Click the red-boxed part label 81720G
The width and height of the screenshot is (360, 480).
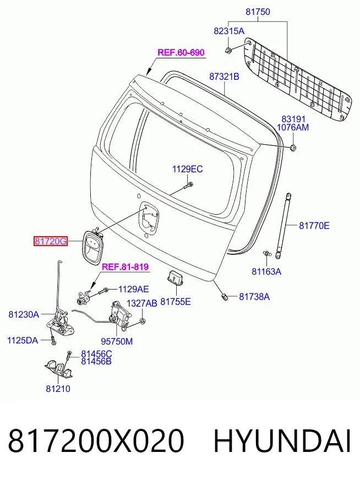pos(51,241)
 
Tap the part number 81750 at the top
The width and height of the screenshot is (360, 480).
pos(258,12)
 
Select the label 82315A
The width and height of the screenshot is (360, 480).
pos(229,31)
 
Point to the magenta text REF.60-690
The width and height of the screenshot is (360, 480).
pos(181,52)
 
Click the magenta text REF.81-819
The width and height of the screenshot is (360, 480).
pos(125,266)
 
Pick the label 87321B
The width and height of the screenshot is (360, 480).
pos(224,77)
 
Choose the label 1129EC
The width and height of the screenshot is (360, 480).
pos(187,169)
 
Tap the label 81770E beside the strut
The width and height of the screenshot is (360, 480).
pos(314,226)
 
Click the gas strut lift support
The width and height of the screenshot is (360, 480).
pos(283,226)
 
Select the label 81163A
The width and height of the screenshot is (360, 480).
pos(266,271)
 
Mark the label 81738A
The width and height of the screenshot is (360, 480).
pos(254,297)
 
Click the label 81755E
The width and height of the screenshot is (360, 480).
pos(176,302)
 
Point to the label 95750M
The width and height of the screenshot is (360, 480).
pos(117,341)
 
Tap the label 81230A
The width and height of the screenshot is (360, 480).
pos(24,314)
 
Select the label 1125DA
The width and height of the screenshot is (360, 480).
pos(23,340)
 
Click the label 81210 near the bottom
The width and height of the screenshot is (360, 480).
pos(58,389)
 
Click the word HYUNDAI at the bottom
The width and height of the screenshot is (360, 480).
pos(282,441)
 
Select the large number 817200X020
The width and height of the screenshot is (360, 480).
pos(96,441)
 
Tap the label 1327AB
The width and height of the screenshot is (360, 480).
pos(141,303)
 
